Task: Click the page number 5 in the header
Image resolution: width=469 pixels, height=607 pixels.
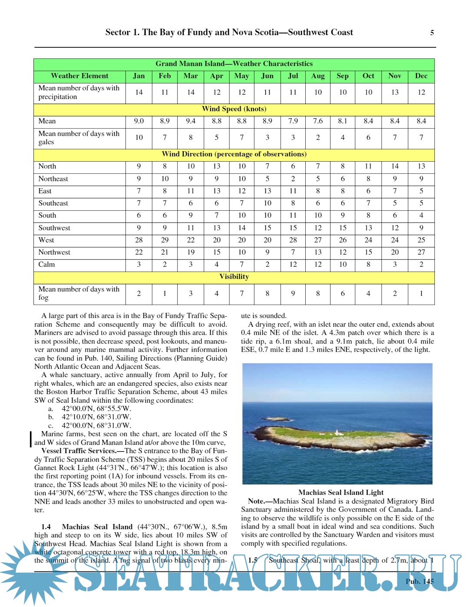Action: click(432, 33)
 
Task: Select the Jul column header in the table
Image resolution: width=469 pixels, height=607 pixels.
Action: click(293, 76)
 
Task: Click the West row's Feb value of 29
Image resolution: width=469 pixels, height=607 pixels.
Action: click(165, 240)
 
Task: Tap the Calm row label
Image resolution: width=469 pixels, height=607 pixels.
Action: click(46, 264)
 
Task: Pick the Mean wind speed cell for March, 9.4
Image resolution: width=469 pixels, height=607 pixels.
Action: click(191, 121)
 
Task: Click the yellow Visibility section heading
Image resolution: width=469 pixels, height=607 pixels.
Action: click(234, 277)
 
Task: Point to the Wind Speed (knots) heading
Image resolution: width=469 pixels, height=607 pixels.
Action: click(234, 109)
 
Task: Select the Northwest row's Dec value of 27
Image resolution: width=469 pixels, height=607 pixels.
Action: click(421, 252)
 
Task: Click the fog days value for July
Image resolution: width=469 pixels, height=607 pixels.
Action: click(293, 293)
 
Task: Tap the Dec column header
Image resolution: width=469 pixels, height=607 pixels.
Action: click(421, 76)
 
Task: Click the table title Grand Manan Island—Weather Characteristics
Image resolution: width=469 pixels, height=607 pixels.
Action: click(234, 63)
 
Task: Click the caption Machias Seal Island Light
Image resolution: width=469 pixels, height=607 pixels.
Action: click(341, 492)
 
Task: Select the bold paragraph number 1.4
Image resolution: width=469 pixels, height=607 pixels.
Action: click(46, 527)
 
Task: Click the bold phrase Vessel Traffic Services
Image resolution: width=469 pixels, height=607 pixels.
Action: click(79, 451)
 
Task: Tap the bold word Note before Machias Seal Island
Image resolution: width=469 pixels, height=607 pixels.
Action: click(256, 501)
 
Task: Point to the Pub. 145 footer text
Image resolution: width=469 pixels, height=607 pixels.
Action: click(419, 581)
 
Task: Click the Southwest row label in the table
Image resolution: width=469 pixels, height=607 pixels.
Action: click(54, 228)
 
